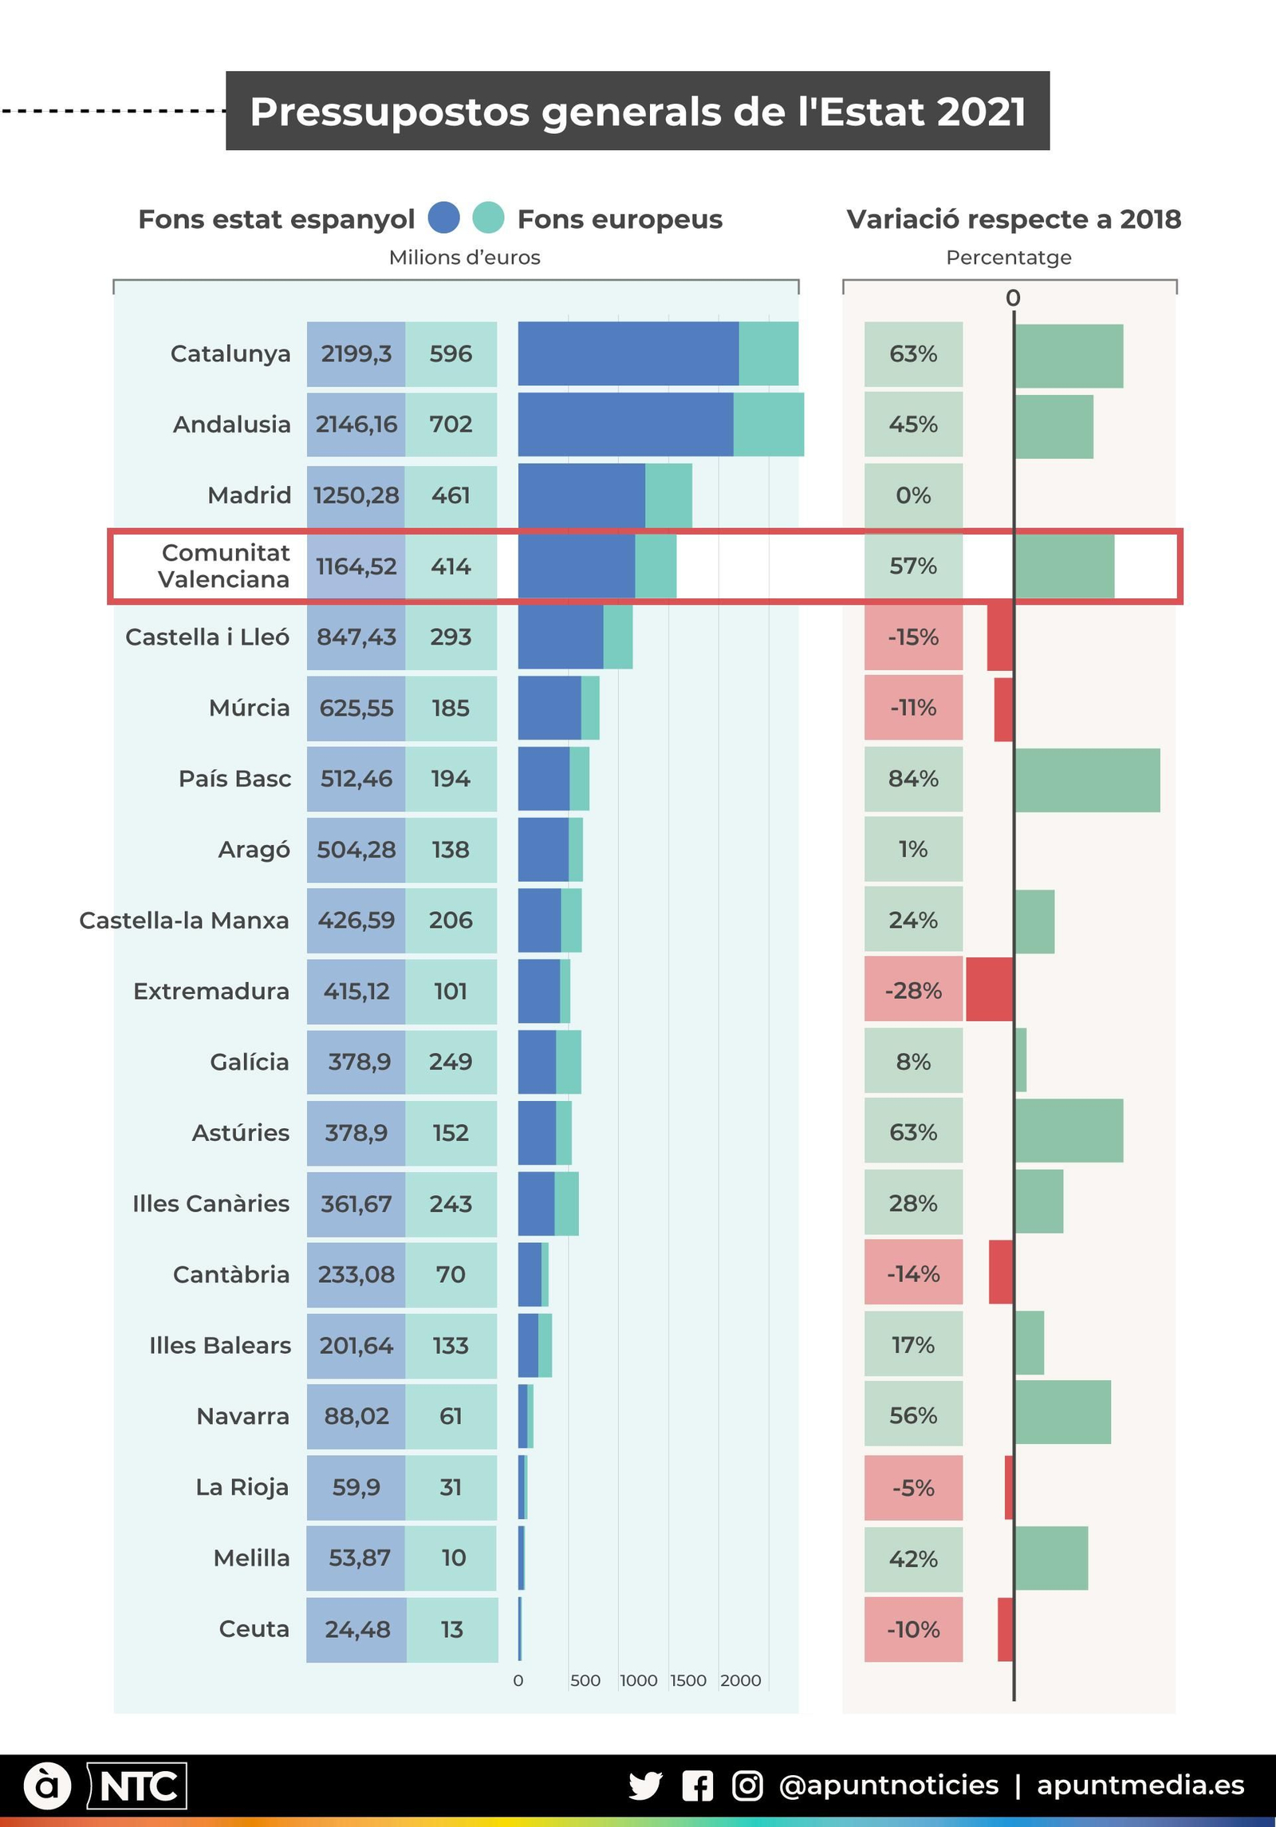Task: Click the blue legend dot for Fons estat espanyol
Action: coord(443,218)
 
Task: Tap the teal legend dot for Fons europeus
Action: coord(488,218)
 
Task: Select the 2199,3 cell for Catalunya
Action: coord(356,353)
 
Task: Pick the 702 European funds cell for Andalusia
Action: coord(451,424)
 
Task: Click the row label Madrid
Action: coord(249,495)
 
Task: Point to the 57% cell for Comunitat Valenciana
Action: coord(913,566)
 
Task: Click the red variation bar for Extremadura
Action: coord(989,990)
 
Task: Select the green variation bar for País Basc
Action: coord(1087,779)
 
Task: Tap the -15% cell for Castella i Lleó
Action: coord(913,637)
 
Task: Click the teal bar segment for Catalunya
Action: coord(768,353)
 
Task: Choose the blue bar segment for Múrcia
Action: coord(549,708)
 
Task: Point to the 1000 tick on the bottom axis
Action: coord(639,1680)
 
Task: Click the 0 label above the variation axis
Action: coord(1013,298)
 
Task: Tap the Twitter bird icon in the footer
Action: coord(645,1786)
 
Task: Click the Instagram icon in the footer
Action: coord(747,1786)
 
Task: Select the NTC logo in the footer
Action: coord(137,1786)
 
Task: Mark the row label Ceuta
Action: coord(254,1629)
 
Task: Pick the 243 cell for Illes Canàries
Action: coord(451,1203)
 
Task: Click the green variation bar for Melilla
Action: coord(1051,1558)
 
